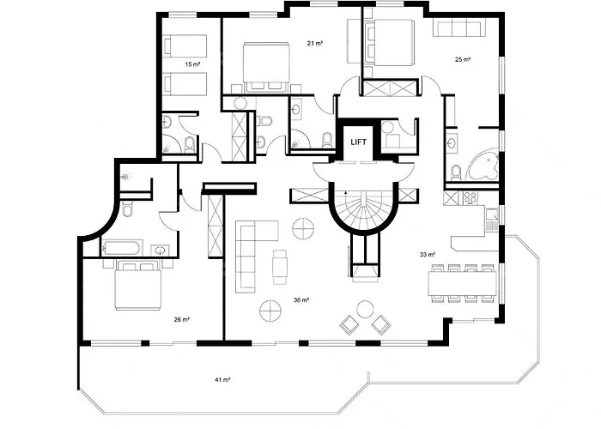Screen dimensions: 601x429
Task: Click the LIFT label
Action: pyautogui.click(x=358, y=142)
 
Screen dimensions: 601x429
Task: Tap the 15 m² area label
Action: pyautogui.click(x=193, y=64)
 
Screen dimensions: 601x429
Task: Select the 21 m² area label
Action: pyautogui.click(x=315, y=43)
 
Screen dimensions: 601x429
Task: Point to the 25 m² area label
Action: pyautogui.click(x=463, y=59)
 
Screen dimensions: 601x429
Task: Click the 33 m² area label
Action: pyautogui.click(x=428, y=254)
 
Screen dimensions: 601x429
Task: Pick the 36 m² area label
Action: pyautogui.click(x=301, y=300)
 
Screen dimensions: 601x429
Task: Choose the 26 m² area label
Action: pyautogui.click(x=182, y=319)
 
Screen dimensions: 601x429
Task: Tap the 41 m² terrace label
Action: pyautogui.click(x=222, y=380)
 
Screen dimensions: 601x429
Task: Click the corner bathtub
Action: pyautogui.click(x=483, y=166)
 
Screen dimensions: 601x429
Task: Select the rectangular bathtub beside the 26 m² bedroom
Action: pyautogui.click(x=121, y=248)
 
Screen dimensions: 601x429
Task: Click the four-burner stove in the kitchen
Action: pyautogui.click(x=470, y=197)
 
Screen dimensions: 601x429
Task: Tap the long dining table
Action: pyautogui.click(x=463, y=282)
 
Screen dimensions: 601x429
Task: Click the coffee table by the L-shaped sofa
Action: pyautogui.click(x=280, y=267)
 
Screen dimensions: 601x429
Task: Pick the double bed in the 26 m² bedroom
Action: pyautogui.click(x=138, y=285)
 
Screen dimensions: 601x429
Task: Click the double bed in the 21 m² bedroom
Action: pyautogui.click(x=266, y=67)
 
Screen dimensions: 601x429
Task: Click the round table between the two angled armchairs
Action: pyautogui.click(x=365, y=309)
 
